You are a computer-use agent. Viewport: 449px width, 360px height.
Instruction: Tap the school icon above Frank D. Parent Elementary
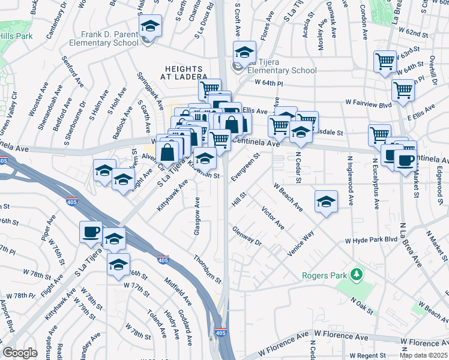click(x=150, y=26)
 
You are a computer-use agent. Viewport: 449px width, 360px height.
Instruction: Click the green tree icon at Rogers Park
click(x=357, y=275)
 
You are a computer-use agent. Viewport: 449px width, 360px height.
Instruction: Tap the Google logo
click(x=20, y=353)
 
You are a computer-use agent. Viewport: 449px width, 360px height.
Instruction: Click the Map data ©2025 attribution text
click(x=423, y=355)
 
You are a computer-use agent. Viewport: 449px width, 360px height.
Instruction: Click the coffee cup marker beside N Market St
click(x=406, y=160)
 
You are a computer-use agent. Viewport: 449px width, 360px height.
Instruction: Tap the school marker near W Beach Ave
click(x=326, y=201)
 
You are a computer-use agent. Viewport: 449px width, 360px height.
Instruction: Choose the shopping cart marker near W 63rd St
click(x=385, y=61)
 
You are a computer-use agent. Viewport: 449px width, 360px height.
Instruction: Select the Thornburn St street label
click(x=208, y=269)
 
